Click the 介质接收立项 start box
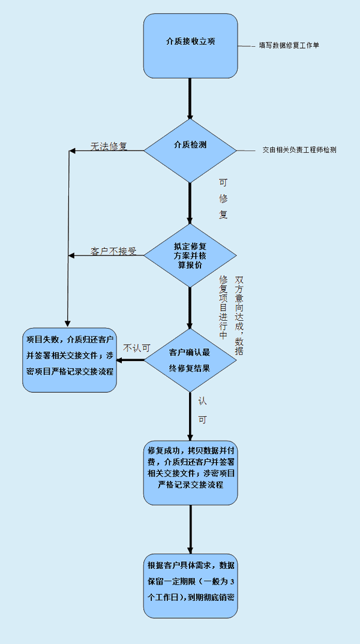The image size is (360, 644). click(x=190, y=46)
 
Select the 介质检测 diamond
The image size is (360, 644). click(x=190, y=151)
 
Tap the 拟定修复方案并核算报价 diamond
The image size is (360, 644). click(x=190, y=255)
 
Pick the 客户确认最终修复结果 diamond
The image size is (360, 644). click(x=190, y=360)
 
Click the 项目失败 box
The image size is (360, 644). click(x=70, y=360)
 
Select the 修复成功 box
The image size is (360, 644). click(x=190, y=473)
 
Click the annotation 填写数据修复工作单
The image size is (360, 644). click(x=289, y=46)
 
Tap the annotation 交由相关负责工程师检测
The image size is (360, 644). click(x=299, y=151)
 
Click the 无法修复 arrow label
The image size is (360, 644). click(x=109, y=146)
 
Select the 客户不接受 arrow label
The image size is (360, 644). click(x=113, y=251)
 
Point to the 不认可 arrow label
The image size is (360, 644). click(x=136, y=348)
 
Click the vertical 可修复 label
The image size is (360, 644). click(x=223, y=199)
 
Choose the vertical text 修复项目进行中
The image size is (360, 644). click(x=223, y=307)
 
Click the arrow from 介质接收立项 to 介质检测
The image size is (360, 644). click(x=190, y=98)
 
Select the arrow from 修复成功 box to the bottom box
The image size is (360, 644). click(x=190, y=529)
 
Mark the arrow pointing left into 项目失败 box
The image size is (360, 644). click(x=130, y=360)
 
